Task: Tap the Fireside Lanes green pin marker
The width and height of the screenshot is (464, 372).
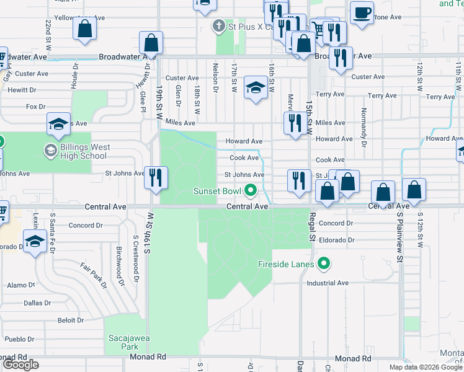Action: tap(323, 265)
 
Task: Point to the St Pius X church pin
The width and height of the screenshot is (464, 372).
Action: tap(218, 26)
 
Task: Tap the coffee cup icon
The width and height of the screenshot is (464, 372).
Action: tap(362, 12)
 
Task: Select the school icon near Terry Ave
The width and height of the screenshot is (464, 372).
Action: tap(255, 87)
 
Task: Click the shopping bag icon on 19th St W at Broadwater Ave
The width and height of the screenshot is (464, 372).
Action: tap(151, 43)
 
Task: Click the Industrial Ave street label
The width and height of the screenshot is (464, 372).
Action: tap(328, 283)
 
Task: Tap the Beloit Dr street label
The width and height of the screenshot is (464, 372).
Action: tap(71, 321)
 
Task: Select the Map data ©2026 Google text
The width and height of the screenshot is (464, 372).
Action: tap(425, 366)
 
